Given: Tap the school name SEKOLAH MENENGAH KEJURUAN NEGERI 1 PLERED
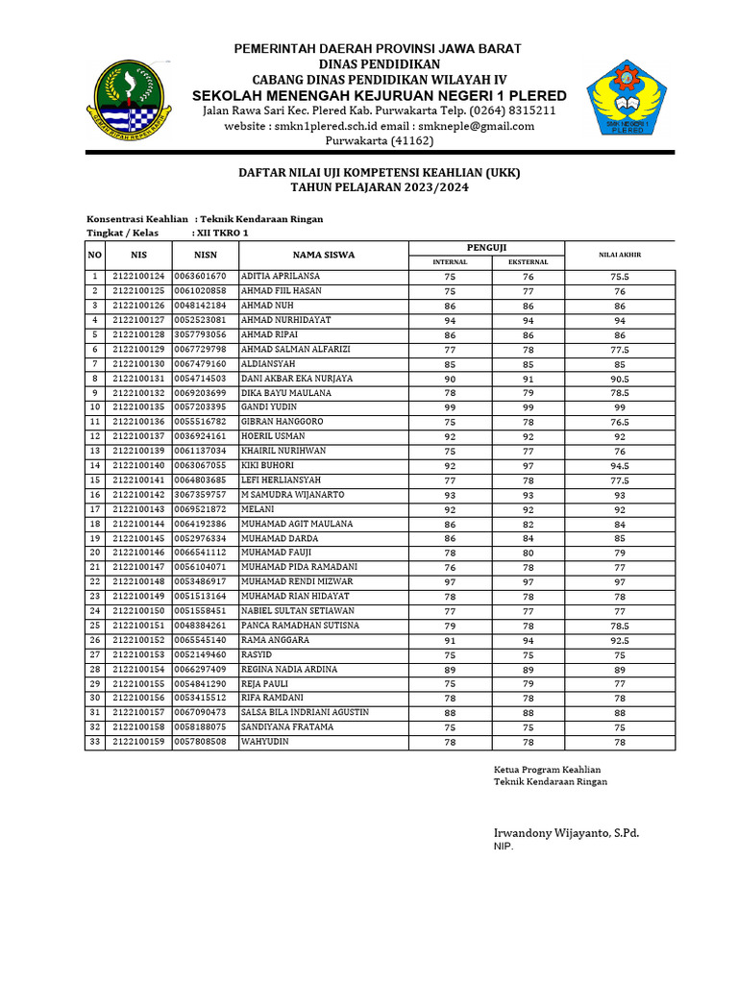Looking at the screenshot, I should (x=380, y=95).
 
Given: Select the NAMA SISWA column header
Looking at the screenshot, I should (x=324, y=255).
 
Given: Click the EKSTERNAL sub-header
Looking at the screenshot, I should (x=528, y=262).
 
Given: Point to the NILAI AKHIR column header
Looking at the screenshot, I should (x=620, y=255).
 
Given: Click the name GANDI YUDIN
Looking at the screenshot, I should (x=268, y=407).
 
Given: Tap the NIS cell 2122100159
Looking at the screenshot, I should (x=139, y=743).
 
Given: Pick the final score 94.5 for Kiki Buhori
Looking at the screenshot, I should (x=620, y=466).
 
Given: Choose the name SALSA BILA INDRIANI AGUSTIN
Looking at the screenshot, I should (x=305, y=713).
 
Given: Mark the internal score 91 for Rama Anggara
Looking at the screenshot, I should (x=450, y=640).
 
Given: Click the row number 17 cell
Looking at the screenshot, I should (x=95, y=509).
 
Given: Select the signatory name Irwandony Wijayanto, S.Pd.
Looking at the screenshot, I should (x=566, y=832).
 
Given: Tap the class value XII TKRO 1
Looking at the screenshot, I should (x=221, y=233).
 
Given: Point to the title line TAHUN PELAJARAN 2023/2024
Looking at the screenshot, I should (x=380, y=187).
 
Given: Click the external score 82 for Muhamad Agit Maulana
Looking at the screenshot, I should (x=528, y=524).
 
